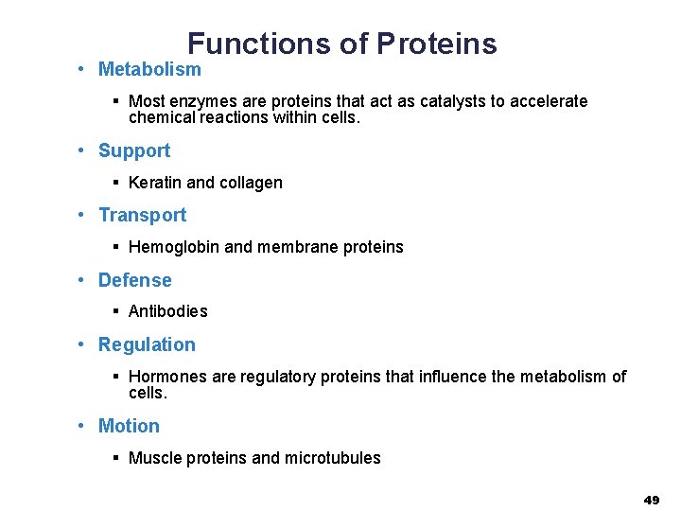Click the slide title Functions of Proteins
click(341, 44)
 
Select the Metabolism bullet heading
click(149, 69)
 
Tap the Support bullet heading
click(134, 150)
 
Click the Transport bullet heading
click(142, 215)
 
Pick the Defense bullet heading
click(135, 280)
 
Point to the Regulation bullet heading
click(147, 344)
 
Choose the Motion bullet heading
click(129, 426)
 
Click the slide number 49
click(652, 500)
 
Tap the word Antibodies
click(167, 311)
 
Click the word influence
click(452, 377)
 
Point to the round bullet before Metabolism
click(83, 69)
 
